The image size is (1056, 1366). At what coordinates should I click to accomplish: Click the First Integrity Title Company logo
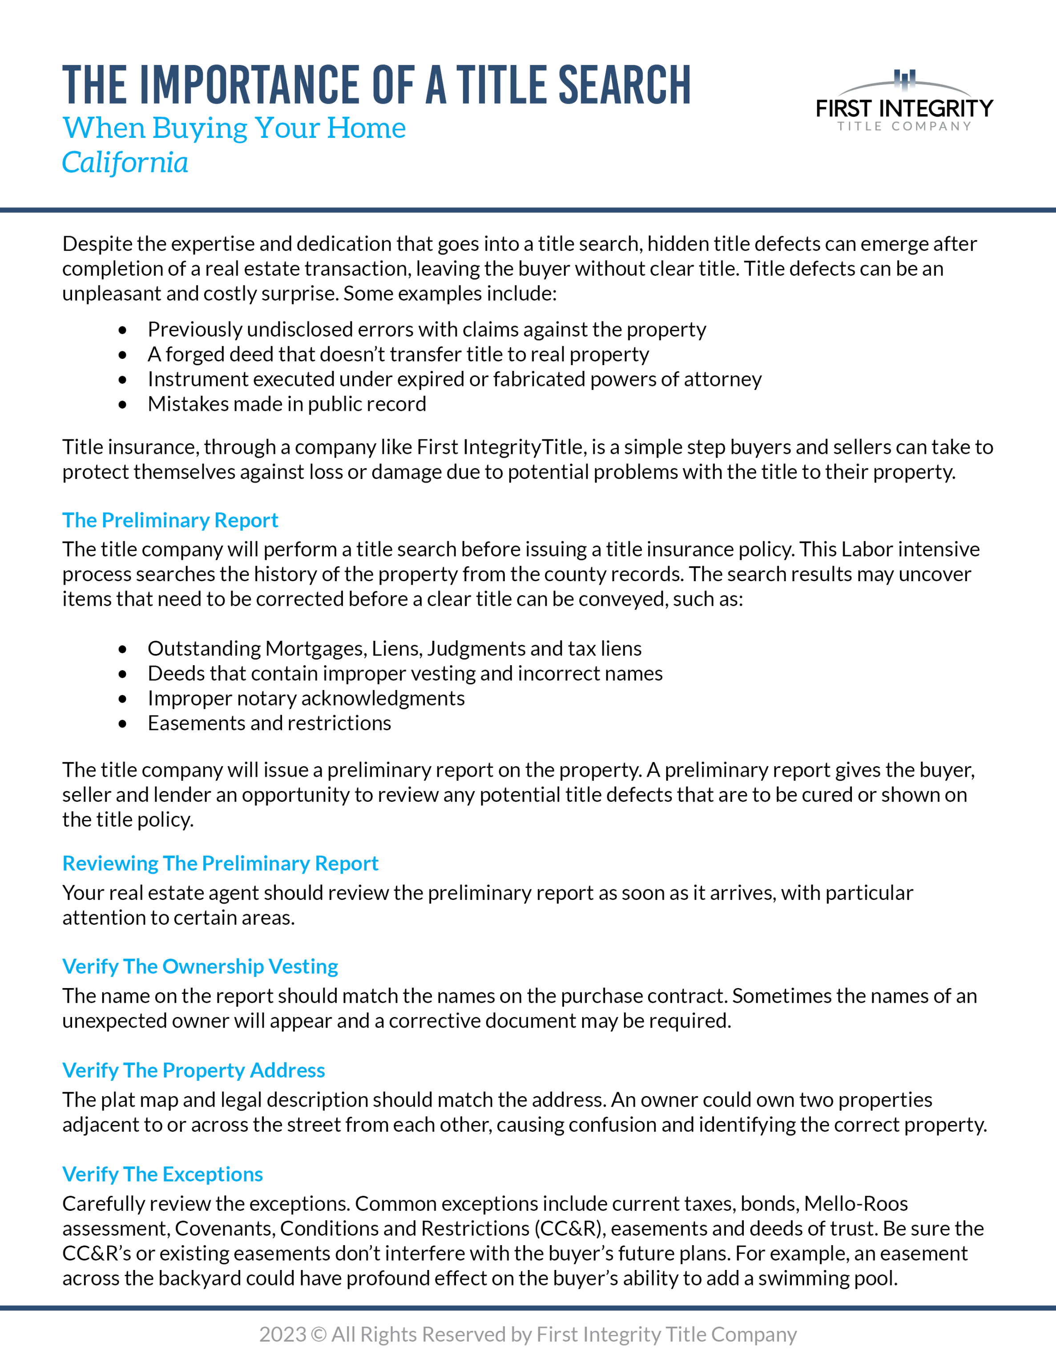tap(904, 101)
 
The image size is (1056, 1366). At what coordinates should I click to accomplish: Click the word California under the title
tap(125, 163)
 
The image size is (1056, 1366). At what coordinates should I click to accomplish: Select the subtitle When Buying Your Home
tap(234, 128)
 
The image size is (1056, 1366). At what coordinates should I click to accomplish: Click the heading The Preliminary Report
tap(170, 520)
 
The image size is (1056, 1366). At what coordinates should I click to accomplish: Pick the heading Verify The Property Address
tap(193, 1070)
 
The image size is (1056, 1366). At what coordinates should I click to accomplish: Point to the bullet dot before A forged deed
tap(123, 355)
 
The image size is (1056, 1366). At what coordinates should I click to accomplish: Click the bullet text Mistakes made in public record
tap(286, 404)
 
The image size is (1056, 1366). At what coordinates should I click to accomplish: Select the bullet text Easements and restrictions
tap(269, 723)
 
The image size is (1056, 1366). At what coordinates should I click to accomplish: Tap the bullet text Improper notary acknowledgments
tap(306, 698)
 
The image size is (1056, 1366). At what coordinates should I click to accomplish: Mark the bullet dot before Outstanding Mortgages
tap(123, 649)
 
